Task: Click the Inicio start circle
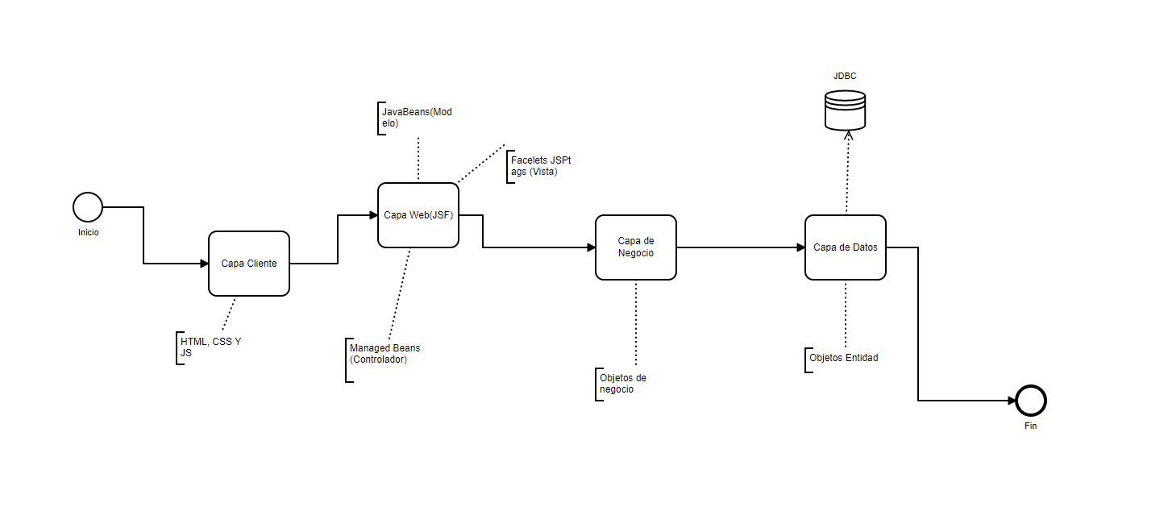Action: [88, 207]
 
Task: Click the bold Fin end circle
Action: [1031, 400]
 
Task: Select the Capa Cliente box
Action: [249, 264]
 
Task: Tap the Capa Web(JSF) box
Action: [418, 215]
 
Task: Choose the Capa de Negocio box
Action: [636, 247]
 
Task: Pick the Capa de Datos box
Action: [846, 247]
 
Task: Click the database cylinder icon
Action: [845, 110]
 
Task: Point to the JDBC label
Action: [845, 76]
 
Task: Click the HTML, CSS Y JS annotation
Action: [210, 347]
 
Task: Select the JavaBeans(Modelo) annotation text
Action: [417, 118]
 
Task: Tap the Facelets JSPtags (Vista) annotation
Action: [541, 166]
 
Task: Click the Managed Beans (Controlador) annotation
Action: [384, 354]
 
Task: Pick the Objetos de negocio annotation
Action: [623, 384]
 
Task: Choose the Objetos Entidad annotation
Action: [844, 357]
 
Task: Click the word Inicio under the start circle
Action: [88, 232]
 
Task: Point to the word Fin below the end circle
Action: [1031, 426]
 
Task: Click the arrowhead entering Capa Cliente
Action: [204, 264]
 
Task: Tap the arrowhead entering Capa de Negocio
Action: [591, 247]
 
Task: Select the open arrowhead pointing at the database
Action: [846, 135]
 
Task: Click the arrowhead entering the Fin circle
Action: [1012, 400]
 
